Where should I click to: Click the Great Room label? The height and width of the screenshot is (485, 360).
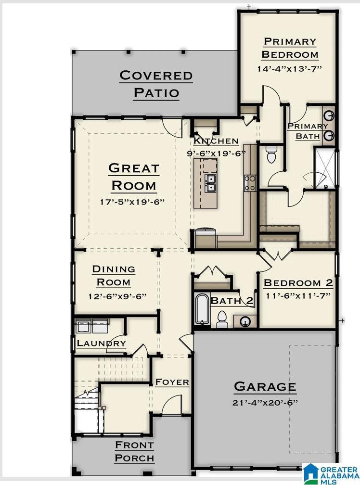(x=134, y=177)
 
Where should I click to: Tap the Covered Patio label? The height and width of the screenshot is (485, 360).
(x=156, y=84)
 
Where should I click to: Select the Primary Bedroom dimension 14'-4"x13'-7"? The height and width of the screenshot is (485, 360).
(x=289, y=68)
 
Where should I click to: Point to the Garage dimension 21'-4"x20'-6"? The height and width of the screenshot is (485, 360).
(x=265, y=403)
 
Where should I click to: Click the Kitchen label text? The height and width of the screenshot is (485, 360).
(x=216, y=141)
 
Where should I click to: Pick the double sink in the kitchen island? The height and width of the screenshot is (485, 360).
(x=210, y=183)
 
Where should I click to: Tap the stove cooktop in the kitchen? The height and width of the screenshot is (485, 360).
(x=250, y=183)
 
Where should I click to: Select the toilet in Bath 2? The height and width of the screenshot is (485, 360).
(x=222, y=319)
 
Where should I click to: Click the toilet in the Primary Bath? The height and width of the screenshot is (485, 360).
(x=271, y=154)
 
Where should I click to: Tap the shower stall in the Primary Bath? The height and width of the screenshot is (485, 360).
(x=324, y=167)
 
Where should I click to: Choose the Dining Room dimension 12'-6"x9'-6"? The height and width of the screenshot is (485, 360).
(x=117, y=296)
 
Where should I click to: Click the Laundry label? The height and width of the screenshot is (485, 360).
(x=101, y=343)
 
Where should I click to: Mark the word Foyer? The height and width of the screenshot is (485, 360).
(x=172, y=382)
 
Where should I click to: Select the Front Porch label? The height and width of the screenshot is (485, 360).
(x=134, y=452)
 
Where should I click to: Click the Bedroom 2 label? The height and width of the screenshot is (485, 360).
(x=298, y=283)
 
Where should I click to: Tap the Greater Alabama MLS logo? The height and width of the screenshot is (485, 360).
(x=330, y=473)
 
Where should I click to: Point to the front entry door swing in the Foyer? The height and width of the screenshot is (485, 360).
(x=172, y=404)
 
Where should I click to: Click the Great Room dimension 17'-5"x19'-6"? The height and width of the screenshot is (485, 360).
(x=132, y=202)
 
